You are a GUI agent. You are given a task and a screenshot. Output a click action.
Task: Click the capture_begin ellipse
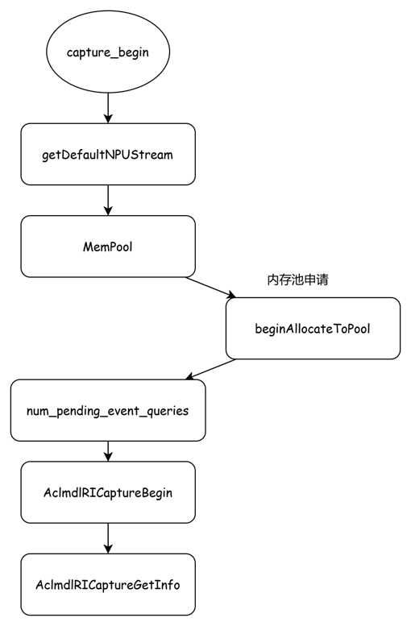click(x=108, y=52)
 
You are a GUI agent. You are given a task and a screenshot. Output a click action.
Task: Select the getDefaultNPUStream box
click(x=108, y=154)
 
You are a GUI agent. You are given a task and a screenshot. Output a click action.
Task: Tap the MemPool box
click(x=108, y=247)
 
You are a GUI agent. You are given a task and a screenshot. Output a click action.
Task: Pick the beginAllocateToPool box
click(x=313, y=328)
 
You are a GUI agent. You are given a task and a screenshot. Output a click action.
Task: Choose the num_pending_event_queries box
click(x=108, y=410)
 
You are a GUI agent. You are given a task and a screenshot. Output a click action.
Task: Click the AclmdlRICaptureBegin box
click(x=108, y=492)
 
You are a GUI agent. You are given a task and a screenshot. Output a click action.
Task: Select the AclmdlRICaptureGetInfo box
click(x=108, y=584)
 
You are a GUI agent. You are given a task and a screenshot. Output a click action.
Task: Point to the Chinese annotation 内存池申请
click(x=297, y=280)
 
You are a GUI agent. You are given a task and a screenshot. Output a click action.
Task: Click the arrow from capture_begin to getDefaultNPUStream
click(x=108, y=108)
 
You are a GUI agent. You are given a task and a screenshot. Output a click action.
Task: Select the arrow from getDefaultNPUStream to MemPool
click(x=108, y=201)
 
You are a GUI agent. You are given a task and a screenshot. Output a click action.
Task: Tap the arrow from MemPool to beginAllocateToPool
click(x=210, y=288)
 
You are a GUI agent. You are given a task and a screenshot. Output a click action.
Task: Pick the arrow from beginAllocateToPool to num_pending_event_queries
click(x=210, y=369)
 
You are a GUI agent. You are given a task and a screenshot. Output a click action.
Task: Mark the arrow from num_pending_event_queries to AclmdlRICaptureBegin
click(x=108, y=451)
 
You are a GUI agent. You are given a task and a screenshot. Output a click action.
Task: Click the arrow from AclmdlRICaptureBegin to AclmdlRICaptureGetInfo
click(x=108, y=538)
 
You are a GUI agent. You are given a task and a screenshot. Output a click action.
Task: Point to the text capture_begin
click(x=108, y=52)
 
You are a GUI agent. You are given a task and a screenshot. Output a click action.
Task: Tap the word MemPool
click(x=108, y=247)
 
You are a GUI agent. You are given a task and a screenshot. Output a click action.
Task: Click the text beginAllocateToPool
click(x=313, y=329)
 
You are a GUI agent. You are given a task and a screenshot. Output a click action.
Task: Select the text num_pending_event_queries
click(x=108, y=411)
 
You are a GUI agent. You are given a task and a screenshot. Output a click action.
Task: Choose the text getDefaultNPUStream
click(x=108, y=155)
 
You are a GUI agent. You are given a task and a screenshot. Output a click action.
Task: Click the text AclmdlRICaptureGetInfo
click(x=108, y=585)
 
